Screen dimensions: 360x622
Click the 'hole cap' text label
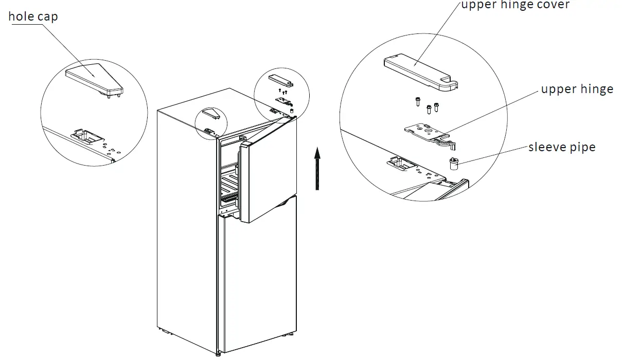(x=33, y=16)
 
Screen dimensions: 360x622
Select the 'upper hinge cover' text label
(x=515, y=5)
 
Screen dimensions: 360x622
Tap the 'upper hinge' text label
(x=577, y=89)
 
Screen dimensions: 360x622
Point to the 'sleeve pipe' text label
(x=562, y=147)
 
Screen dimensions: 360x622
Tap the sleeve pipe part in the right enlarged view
(x=453, y=164)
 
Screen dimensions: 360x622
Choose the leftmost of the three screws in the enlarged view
(x=418, y=102)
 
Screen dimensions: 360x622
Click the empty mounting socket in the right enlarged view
(x=401, y=165)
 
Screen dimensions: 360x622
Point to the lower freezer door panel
(x=257, y=278)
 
